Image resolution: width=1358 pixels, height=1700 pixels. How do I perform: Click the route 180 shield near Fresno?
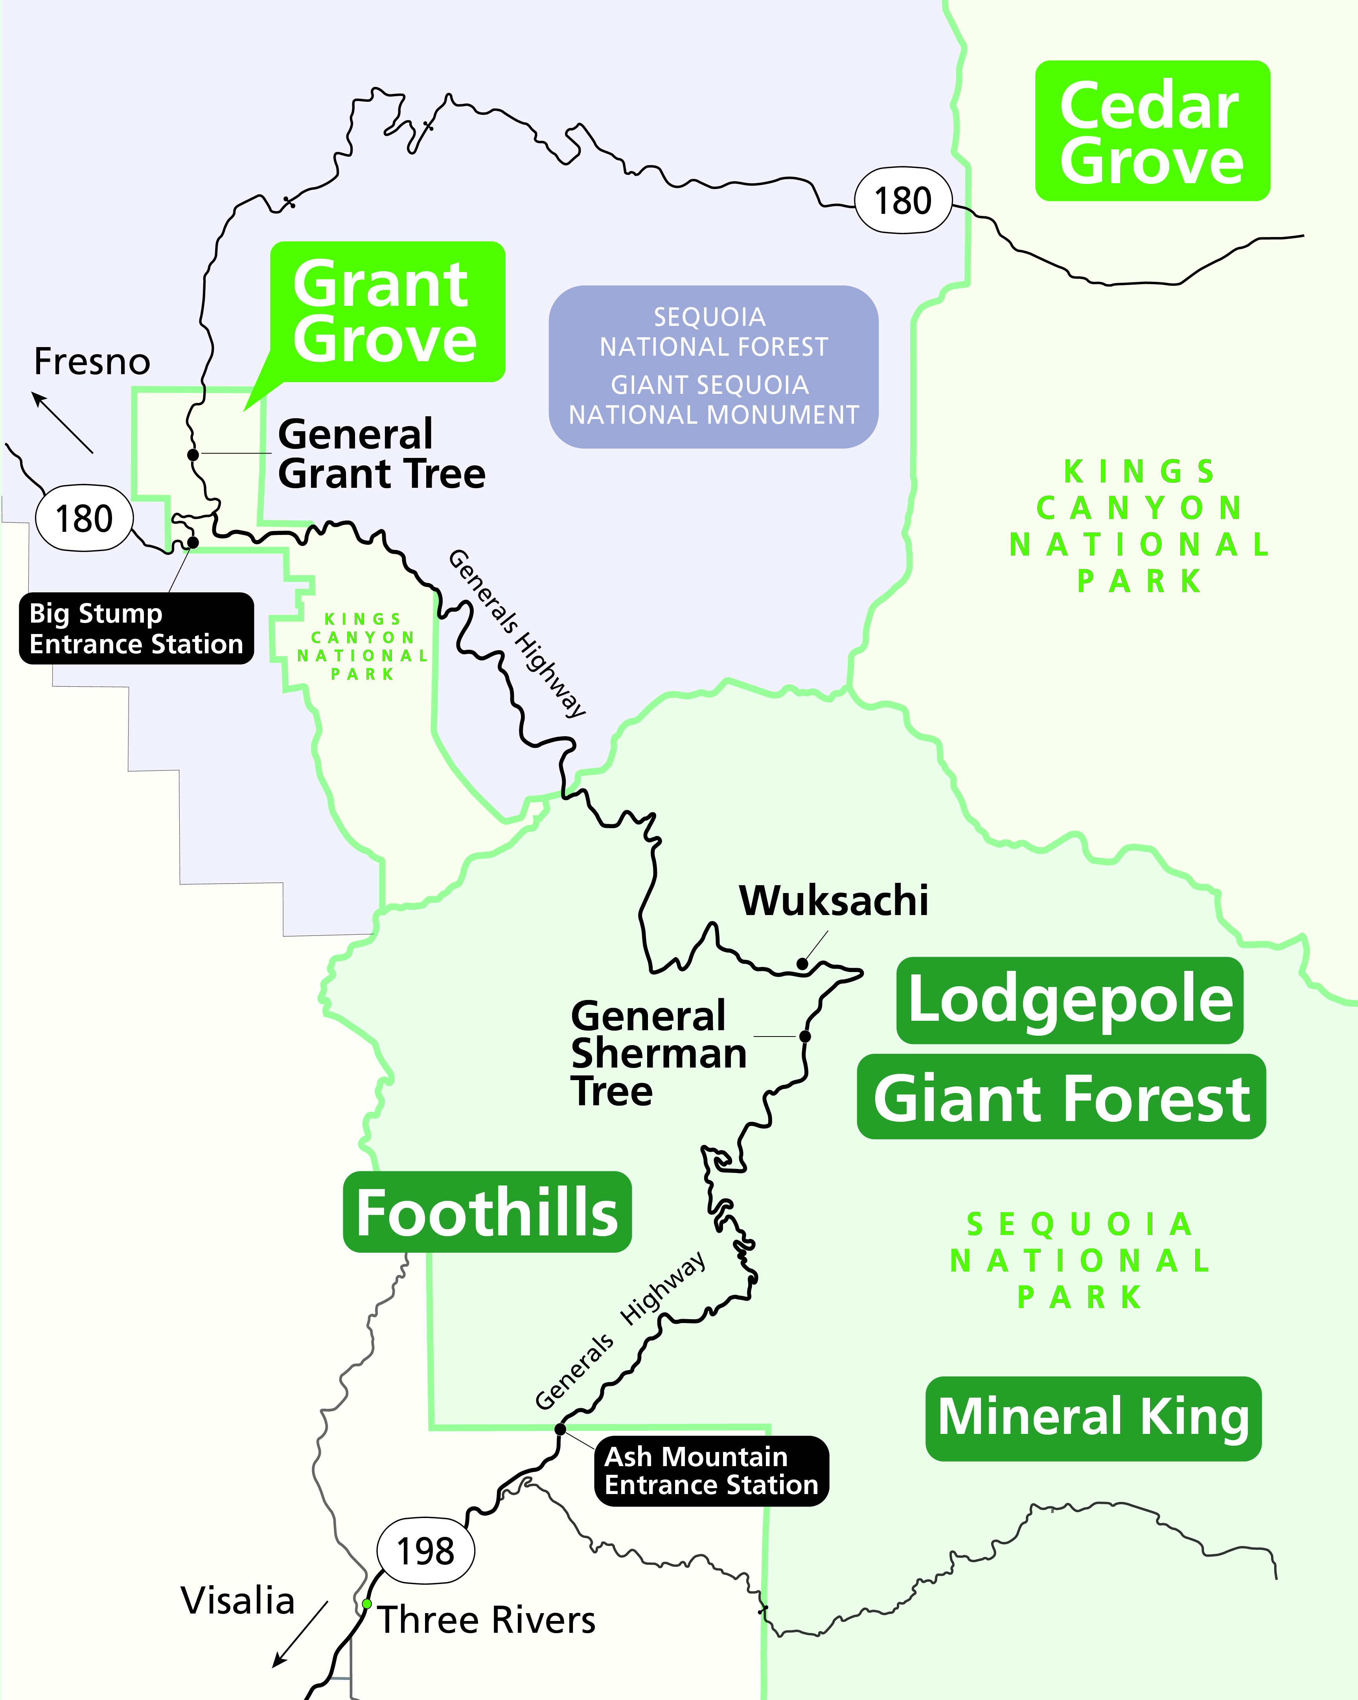(x=85, y=518)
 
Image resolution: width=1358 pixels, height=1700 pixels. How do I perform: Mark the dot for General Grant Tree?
(x=192, y=455)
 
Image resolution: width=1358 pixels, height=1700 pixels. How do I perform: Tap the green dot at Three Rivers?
(x=367, y=1604)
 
